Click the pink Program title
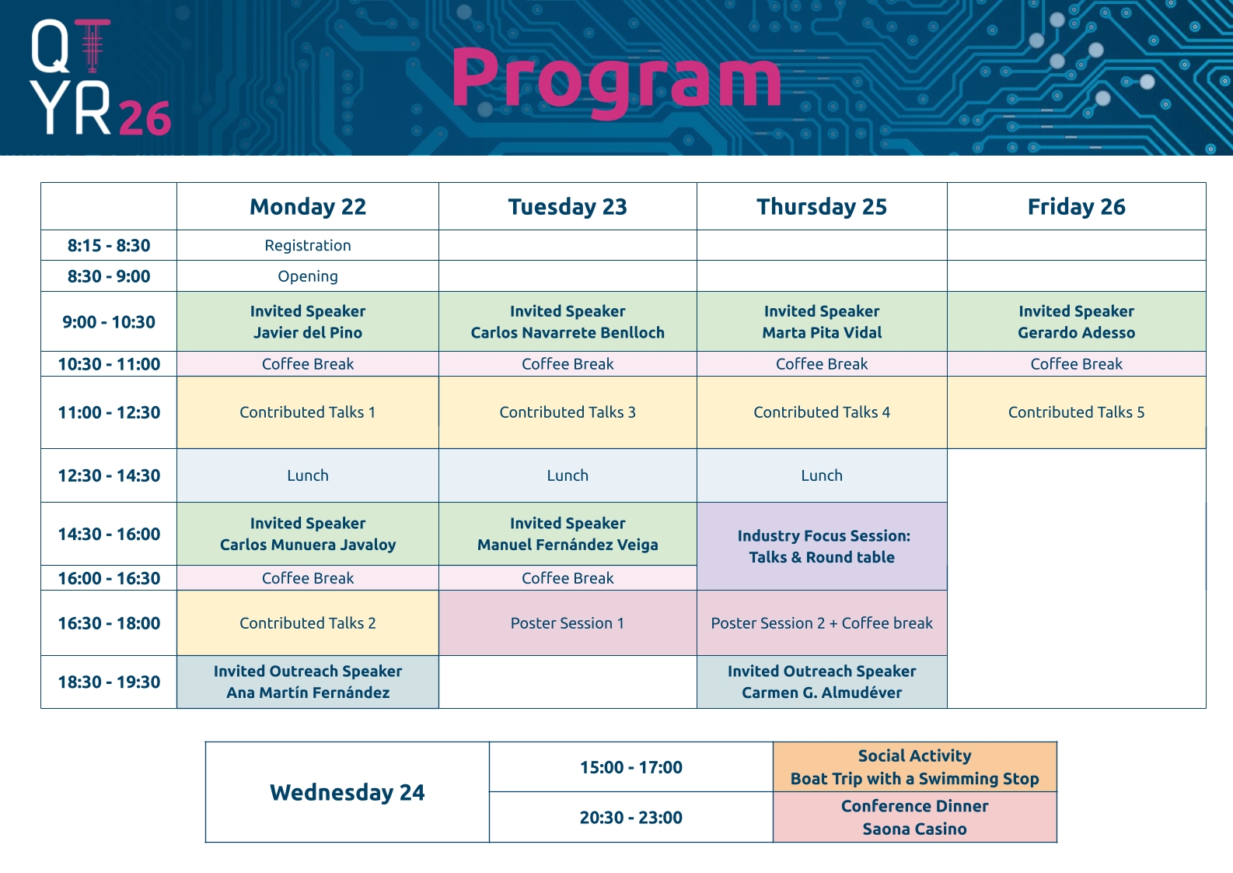616,81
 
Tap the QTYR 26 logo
100,77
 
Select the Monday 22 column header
308,206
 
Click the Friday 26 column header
1076,206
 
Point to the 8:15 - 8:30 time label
108,245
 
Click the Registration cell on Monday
308,245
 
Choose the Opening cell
308,276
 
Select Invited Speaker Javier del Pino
308,321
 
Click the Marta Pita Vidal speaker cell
822,321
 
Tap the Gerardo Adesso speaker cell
1076,321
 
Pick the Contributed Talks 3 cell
568,412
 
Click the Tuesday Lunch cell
568,475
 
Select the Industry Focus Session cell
822,546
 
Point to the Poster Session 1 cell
568,623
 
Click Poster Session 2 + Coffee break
822,623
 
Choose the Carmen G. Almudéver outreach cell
822,682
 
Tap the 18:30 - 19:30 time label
109,682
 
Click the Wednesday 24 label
347,792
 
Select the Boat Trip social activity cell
914,766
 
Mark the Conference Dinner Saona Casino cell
914,818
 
